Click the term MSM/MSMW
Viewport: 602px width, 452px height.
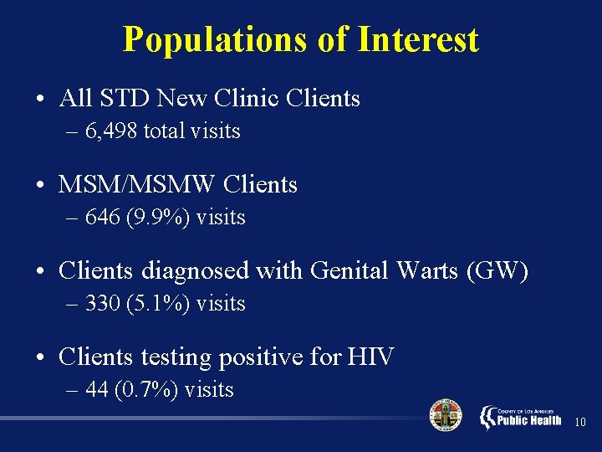(x=138, y=184)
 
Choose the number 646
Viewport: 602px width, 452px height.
(x=103, y=218)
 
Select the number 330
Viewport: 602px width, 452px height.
(x=103, y=303)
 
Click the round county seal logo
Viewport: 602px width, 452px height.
(x=445, y=415)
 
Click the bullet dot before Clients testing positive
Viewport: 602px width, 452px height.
(x=41, y=358)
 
